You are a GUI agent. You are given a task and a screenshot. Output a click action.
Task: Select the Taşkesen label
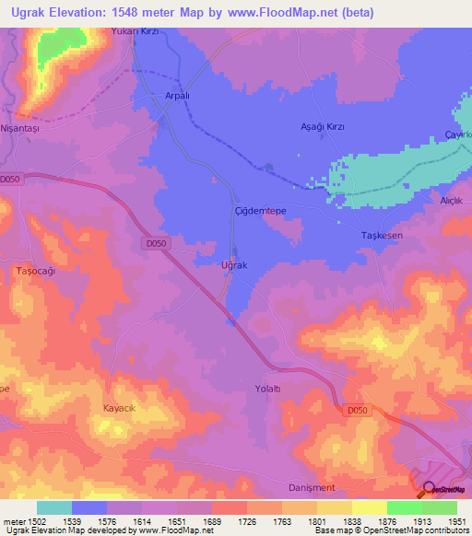click(x=381, y=236)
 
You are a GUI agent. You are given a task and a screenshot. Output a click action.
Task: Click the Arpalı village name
click(x=176, y=95)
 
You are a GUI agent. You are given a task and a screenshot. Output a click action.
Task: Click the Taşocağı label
click(x=37, y=272)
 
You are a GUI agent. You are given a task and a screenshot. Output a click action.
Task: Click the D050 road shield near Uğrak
click(x=156, y=243)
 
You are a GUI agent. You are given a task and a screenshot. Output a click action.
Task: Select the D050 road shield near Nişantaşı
click(x=11, y=179)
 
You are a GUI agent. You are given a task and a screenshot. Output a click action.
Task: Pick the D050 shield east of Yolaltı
click(x=359, y=411)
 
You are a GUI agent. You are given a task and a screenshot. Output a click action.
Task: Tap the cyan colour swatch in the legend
click(x=54, y=507)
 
